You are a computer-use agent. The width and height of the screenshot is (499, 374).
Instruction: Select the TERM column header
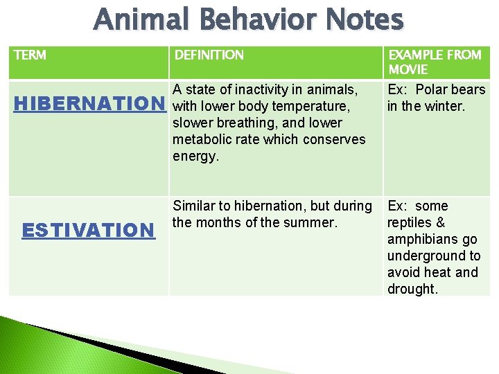(x=30, y=55)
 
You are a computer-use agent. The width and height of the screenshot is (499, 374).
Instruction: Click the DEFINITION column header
(x=209, y=55)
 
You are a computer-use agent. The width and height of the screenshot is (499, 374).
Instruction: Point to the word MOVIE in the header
(x=408, y=69)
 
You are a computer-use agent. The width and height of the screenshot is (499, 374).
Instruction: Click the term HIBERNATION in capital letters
(x=87, y=104)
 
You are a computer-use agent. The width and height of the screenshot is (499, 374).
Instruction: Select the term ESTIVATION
(x=87, y=230)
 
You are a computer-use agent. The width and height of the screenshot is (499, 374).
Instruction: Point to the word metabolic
(x=201, y=139)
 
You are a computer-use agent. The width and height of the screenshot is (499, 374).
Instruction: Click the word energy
(x=194, y=156)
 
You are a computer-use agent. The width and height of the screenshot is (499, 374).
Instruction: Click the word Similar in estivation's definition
(x=194, y=206)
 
